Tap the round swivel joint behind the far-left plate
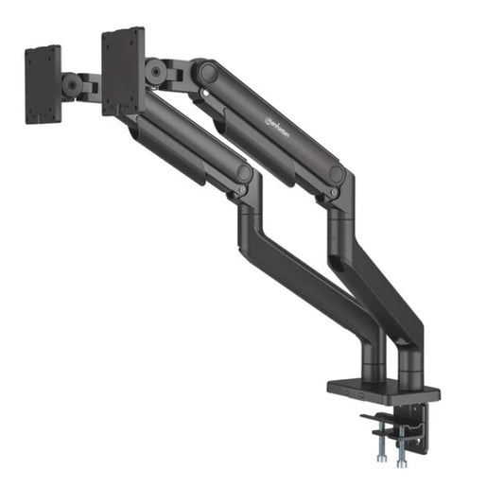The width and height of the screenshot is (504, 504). pyautogui.click(x=72, y=84)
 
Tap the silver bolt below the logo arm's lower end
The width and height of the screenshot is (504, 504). pyautogui.click(x=333, y=193)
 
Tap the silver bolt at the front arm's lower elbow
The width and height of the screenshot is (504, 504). pyautogui.click(x=242, y=190)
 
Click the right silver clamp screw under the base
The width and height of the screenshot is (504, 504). pyautogui.click(x=400, y=445)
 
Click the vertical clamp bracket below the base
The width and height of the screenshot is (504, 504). pyautogui.click(x=417, y=420)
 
